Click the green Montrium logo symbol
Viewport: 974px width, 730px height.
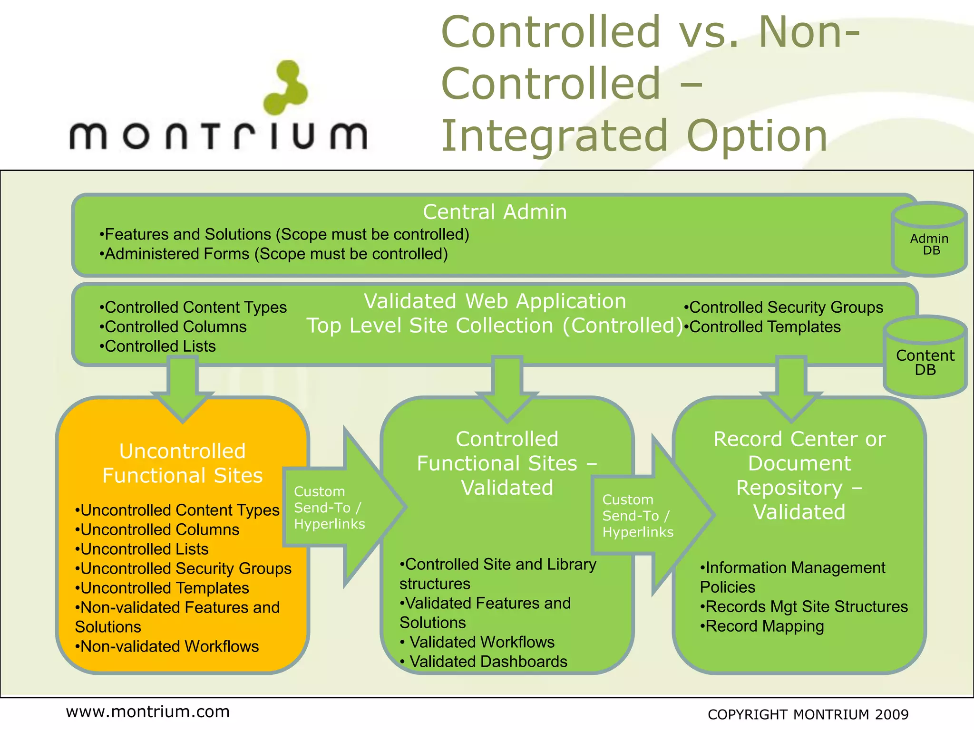point(286,88)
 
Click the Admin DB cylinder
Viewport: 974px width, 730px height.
point(929,240)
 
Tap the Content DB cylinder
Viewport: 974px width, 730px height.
point(925,359)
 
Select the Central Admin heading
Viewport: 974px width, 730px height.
point(495,212)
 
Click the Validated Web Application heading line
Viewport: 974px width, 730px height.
point(495,301)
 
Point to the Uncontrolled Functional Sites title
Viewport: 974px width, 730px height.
point(183,463)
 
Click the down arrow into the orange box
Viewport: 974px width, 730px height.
point(183,387)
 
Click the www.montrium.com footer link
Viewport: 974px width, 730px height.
point(148,712)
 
